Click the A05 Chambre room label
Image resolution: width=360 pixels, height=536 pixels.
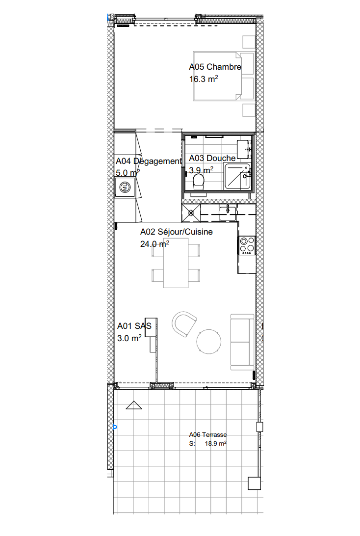point(215,67)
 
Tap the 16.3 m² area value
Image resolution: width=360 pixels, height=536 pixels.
point(204,79)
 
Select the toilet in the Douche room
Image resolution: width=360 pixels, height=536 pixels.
point(199,183)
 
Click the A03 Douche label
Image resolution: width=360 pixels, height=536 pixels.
point(212,158)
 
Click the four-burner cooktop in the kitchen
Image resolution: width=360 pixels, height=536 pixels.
point(247,245)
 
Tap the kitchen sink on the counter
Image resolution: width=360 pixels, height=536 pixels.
point(228,212)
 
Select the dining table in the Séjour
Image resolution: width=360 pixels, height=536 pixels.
point(176,263)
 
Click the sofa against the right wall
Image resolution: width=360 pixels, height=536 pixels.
point(242,342)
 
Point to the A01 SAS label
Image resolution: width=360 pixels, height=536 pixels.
point(134,325)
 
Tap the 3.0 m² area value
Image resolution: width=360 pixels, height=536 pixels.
point(129,338)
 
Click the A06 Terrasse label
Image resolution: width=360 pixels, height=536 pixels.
point(208,434)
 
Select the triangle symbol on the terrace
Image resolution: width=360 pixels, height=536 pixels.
point(133,405)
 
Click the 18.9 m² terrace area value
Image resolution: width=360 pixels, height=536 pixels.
point(215,443)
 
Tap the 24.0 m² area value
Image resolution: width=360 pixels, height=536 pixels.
point(155,243)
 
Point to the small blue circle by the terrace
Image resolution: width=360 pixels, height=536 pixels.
point(115,427)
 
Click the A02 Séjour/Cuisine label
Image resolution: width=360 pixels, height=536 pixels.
point(177,232)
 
